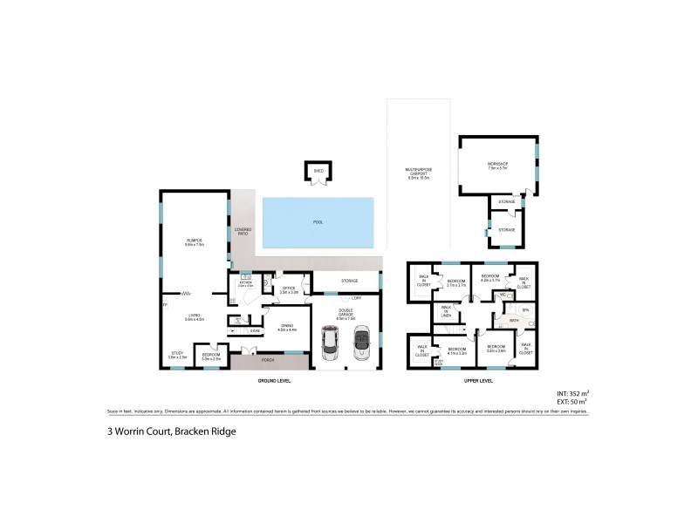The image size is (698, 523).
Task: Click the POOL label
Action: [x=318, y=222]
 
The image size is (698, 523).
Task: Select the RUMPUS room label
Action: [x=194, y=241]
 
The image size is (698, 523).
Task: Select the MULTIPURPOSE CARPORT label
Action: [x=419, y=172]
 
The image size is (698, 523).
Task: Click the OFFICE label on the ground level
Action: [x=288, y=289]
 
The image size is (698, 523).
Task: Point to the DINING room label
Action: [x=287, y=326]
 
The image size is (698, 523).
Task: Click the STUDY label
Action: [x=177, y=354]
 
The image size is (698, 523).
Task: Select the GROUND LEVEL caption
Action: [x=273, y=381]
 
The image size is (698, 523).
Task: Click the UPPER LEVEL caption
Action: [x=479, y=381]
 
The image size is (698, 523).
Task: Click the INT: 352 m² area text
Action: [x=571, y=393]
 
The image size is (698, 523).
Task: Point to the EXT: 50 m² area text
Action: [x=572, y=402]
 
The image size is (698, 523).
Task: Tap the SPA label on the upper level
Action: [x=525, y=309]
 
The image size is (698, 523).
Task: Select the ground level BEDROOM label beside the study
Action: [x=211, y=356]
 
